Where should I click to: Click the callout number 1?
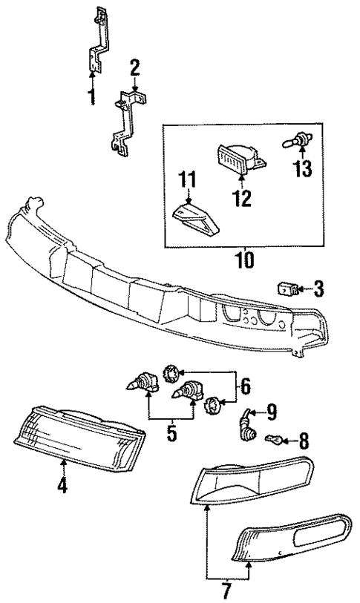pos(92,96)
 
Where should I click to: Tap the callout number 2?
pos(134,68)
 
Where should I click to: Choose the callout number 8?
pos(303,441)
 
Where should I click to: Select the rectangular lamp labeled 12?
pos(238,159)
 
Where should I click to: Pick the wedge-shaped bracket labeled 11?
pos(197,220)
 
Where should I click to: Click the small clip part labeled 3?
pos(287,288)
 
